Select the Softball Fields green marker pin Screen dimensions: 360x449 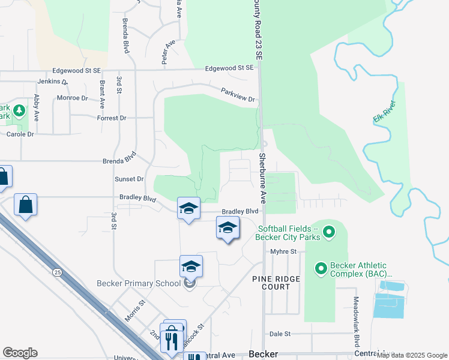point(328,231)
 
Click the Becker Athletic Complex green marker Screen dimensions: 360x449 point(321,269)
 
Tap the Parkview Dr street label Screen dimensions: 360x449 point(238,94)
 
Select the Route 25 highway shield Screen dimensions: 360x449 point(57,272)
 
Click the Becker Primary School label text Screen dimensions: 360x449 point(139,283)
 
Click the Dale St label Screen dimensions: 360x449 point(280,334)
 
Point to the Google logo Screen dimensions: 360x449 point(20,353)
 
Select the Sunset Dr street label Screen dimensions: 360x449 point(129,179)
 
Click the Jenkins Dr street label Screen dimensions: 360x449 point(53,81)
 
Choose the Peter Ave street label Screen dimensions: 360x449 point(168,53)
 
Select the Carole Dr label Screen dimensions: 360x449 point(20,134)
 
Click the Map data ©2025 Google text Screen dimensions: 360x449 point(412,355)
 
